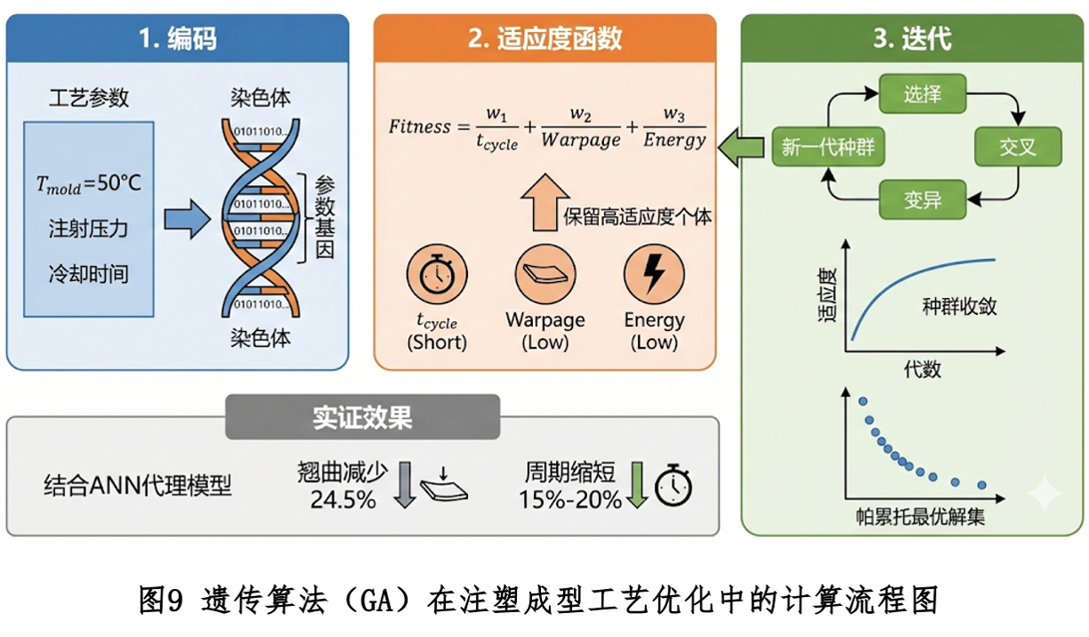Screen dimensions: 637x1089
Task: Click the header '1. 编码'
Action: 177,39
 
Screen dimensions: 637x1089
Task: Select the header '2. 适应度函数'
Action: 544,39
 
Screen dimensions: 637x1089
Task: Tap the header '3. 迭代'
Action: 912,39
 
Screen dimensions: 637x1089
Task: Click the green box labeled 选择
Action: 923,93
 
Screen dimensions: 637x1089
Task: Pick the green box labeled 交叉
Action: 1018,147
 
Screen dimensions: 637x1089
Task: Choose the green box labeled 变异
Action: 923,199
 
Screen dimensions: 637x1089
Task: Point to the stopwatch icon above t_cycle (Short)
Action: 437,277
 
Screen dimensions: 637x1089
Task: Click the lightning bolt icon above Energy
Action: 654,277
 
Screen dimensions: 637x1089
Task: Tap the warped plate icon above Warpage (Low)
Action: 544,277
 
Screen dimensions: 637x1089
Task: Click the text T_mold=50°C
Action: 88,185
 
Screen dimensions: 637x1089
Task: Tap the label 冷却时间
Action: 88,274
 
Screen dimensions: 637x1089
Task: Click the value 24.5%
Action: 343,500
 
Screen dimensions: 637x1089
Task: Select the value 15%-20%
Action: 570,500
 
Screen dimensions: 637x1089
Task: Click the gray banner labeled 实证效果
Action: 362,418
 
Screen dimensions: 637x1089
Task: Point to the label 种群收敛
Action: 959,307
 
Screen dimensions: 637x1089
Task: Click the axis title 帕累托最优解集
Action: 919,517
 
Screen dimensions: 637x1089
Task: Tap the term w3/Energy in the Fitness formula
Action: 674,128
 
